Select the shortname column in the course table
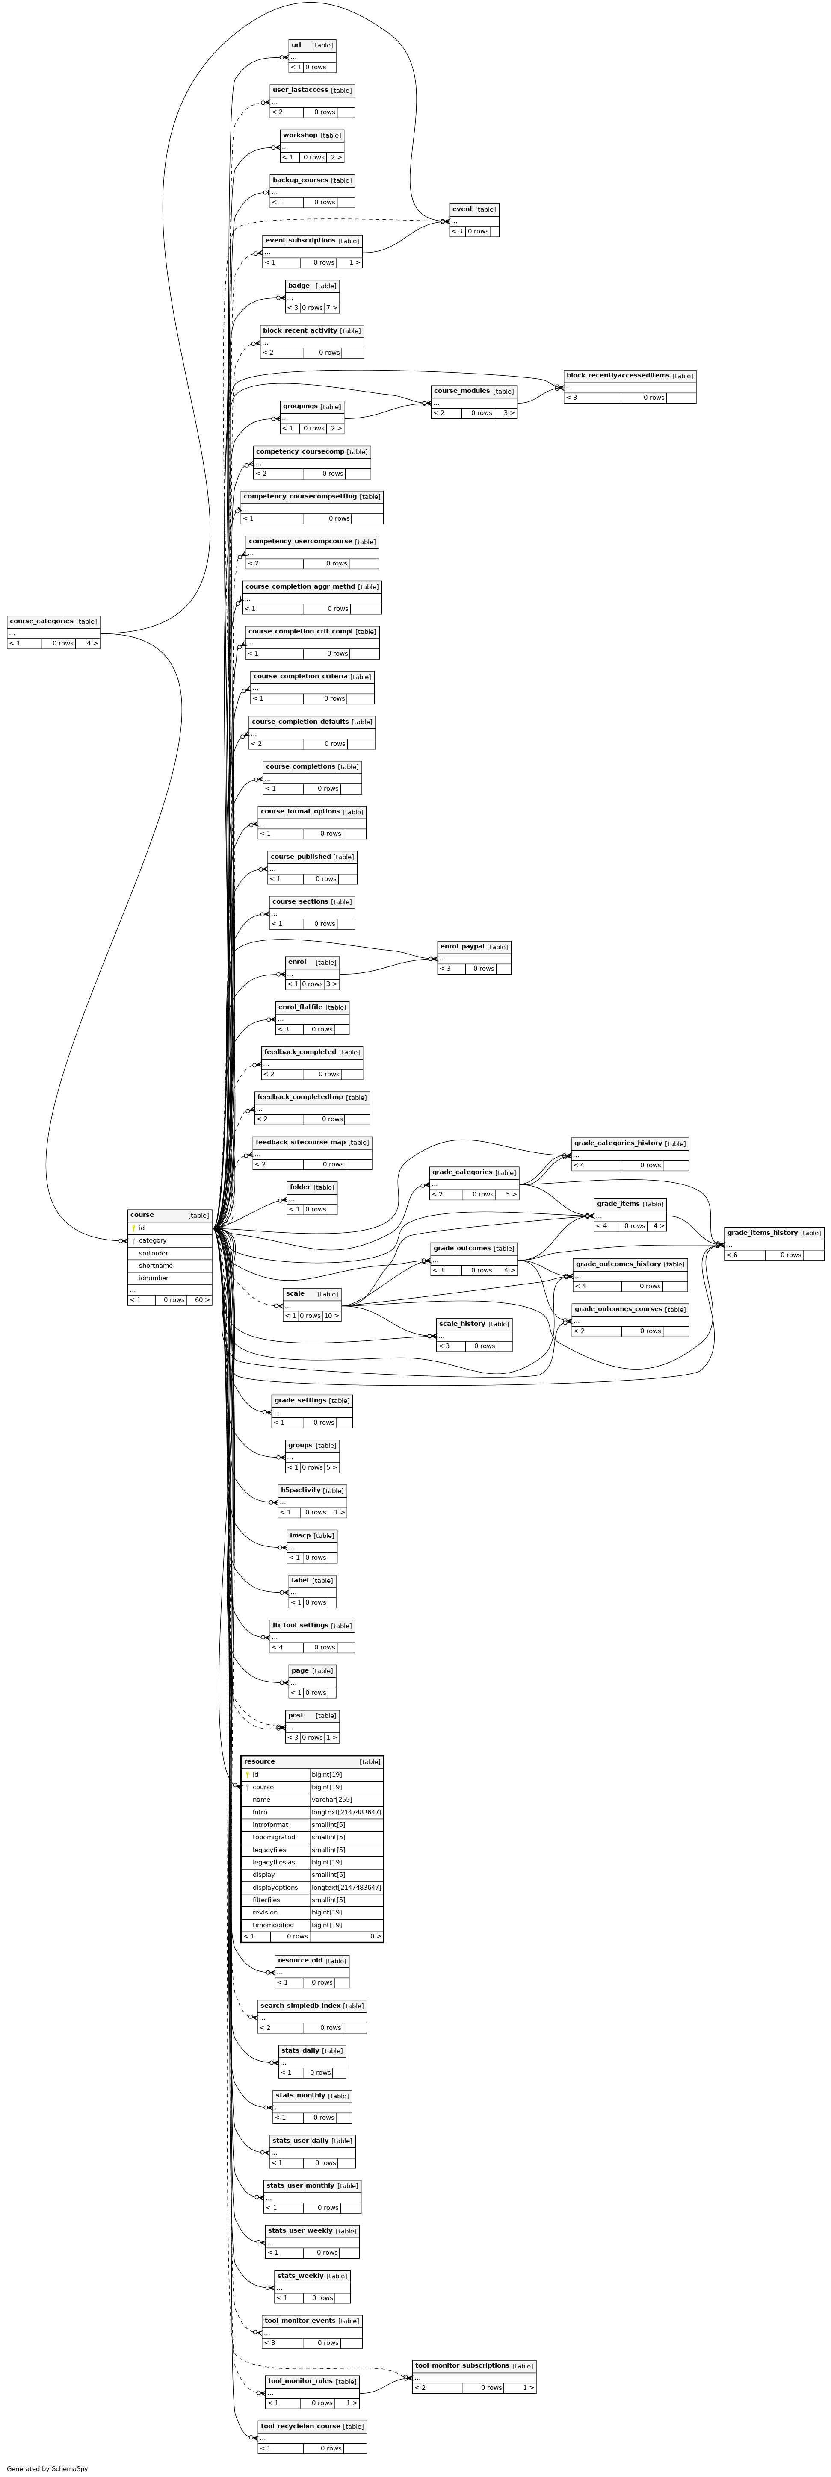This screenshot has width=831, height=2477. [x=156, y=1265]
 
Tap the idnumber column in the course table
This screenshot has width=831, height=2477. [x=154, y=1278]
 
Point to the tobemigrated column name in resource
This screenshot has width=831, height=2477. [x=274, y=1837]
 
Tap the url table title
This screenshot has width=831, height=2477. [x=296, y=44]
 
